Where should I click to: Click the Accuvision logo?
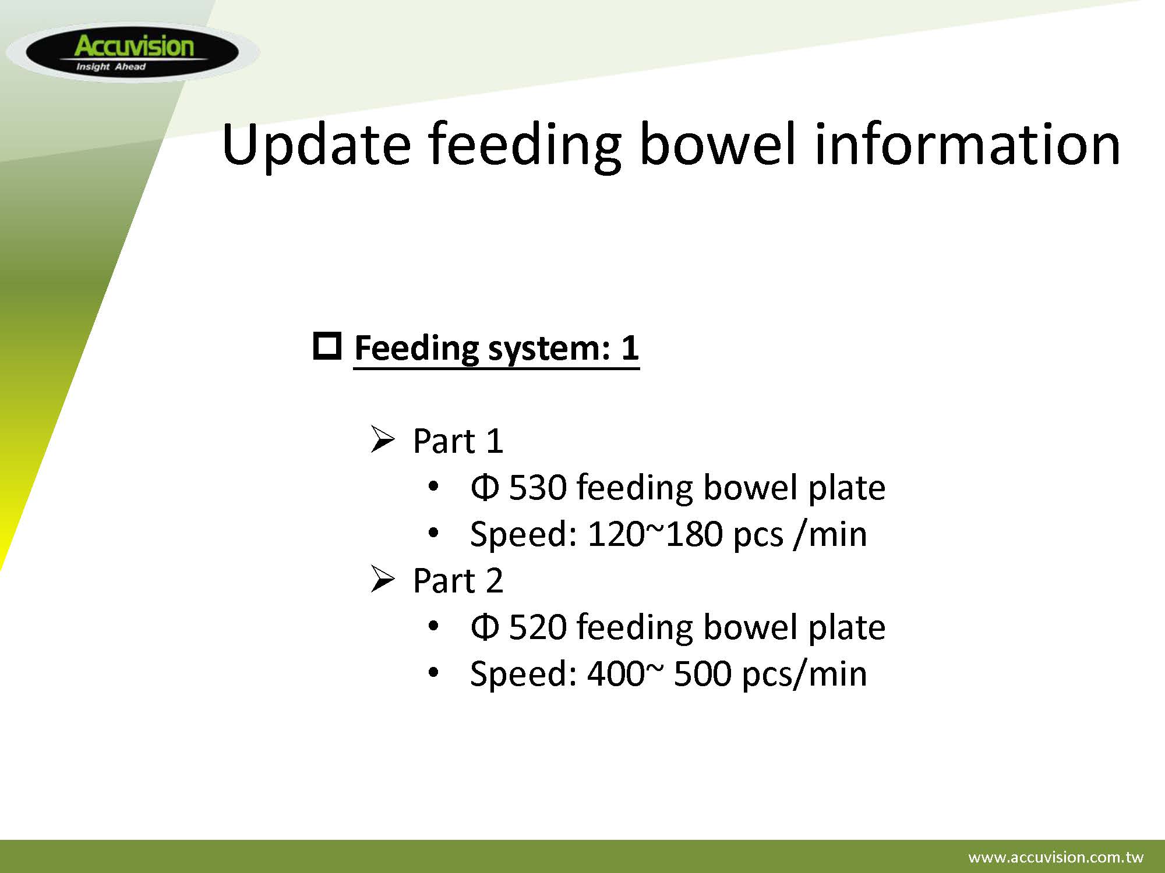coord(133,52)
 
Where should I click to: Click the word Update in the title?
coord(316,145)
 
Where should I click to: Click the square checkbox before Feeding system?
coord(327,346)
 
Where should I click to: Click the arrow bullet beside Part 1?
coord(383,439)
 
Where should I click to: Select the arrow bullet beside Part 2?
coord(383,579)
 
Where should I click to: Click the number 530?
coord(538,487)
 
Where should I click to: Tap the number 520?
coord(538,627)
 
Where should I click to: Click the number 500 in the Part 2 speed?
coord(702,673)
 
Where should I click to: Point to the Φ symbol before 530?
coord(485,487)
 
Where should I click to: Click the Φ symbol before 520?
coord(485,627)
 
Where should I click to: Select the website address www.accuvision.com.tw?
coord(1055,857)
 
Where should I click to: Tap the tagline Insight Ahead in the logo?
coord(111,67)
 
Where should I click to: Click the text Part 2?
coord(458,580)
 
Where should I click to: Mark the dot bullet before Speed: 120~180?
coord(433,533)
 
